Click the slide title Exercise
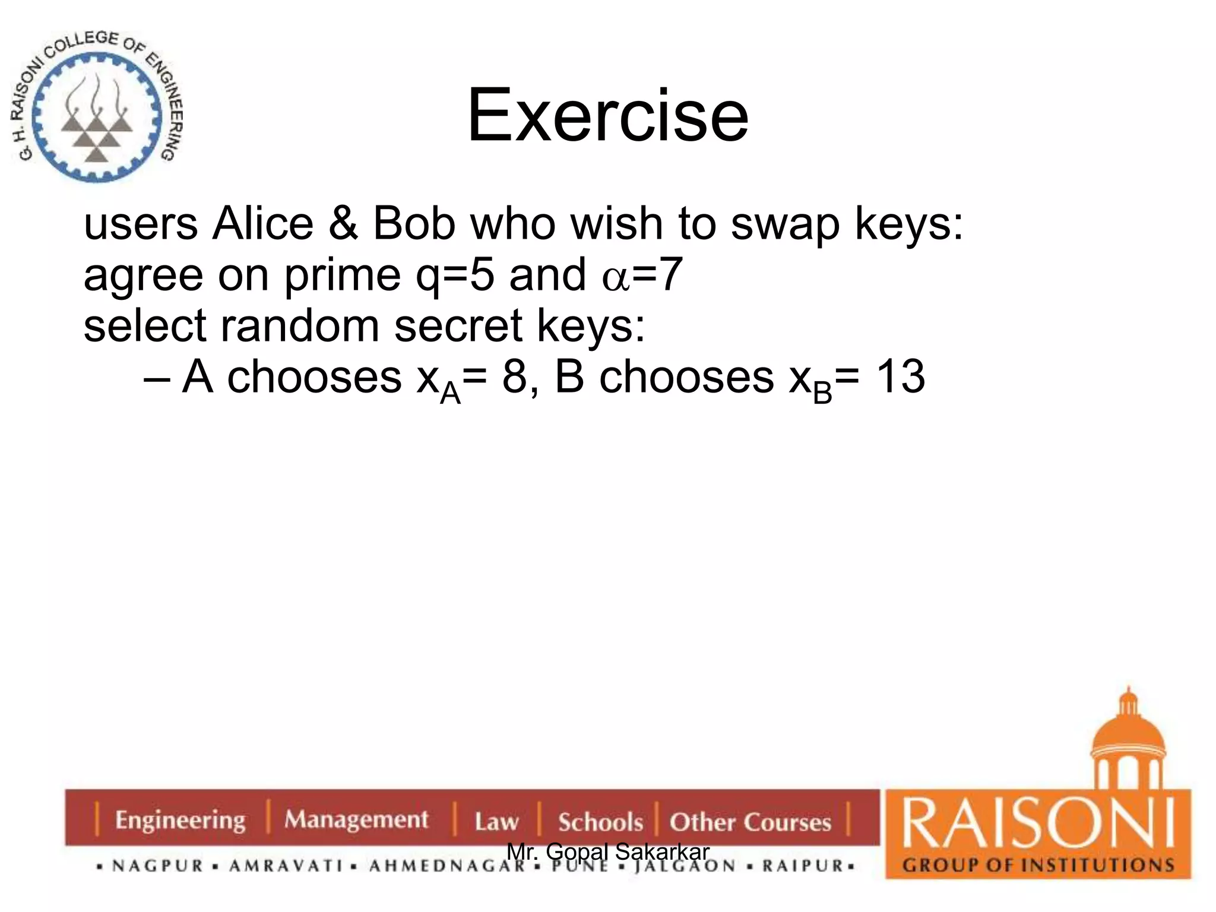point(607,115)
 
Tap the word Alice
point(263,224)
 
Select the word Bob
point(414,224)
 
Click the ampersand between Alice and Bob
point(343,224)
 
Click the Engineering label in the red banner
point(180,820)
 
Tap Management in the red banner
point(356,820)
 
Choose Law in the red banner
point(496,822)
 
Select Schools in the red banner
point(600,822)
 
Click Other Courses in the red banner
point(750,822)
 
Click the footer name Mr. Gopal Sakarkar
point(608,851)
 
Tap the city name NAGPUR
point(158,866)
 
